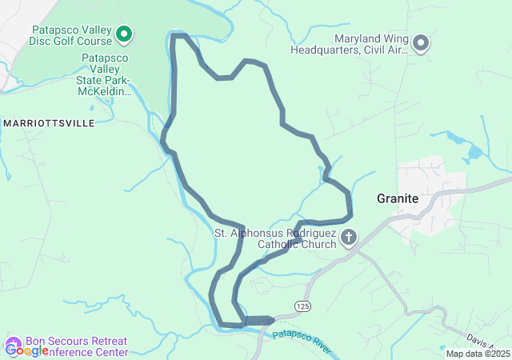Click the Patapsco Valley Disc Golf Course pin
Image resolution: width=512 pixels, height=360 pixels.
tap(124, 34)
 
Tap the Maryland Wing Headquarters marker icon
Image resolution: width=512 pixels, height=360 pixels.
tap(421, 42)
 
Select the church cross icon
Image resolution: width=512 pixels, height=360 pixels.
tap(349, 238)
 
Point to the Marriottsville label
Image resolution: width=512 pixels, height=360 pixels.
tap(49, 123)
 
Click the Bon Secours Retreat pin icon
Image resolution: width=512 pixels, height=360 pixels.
tap(12, 345)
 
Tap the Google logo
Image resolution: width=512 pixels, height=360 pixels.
tap(26, 350)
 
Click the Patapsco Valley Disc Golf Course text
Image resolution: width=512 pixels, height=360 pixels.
tap(71, 37)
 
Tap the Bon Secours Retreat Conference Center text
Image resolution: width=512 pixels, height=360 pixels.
tap(76, 346)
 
